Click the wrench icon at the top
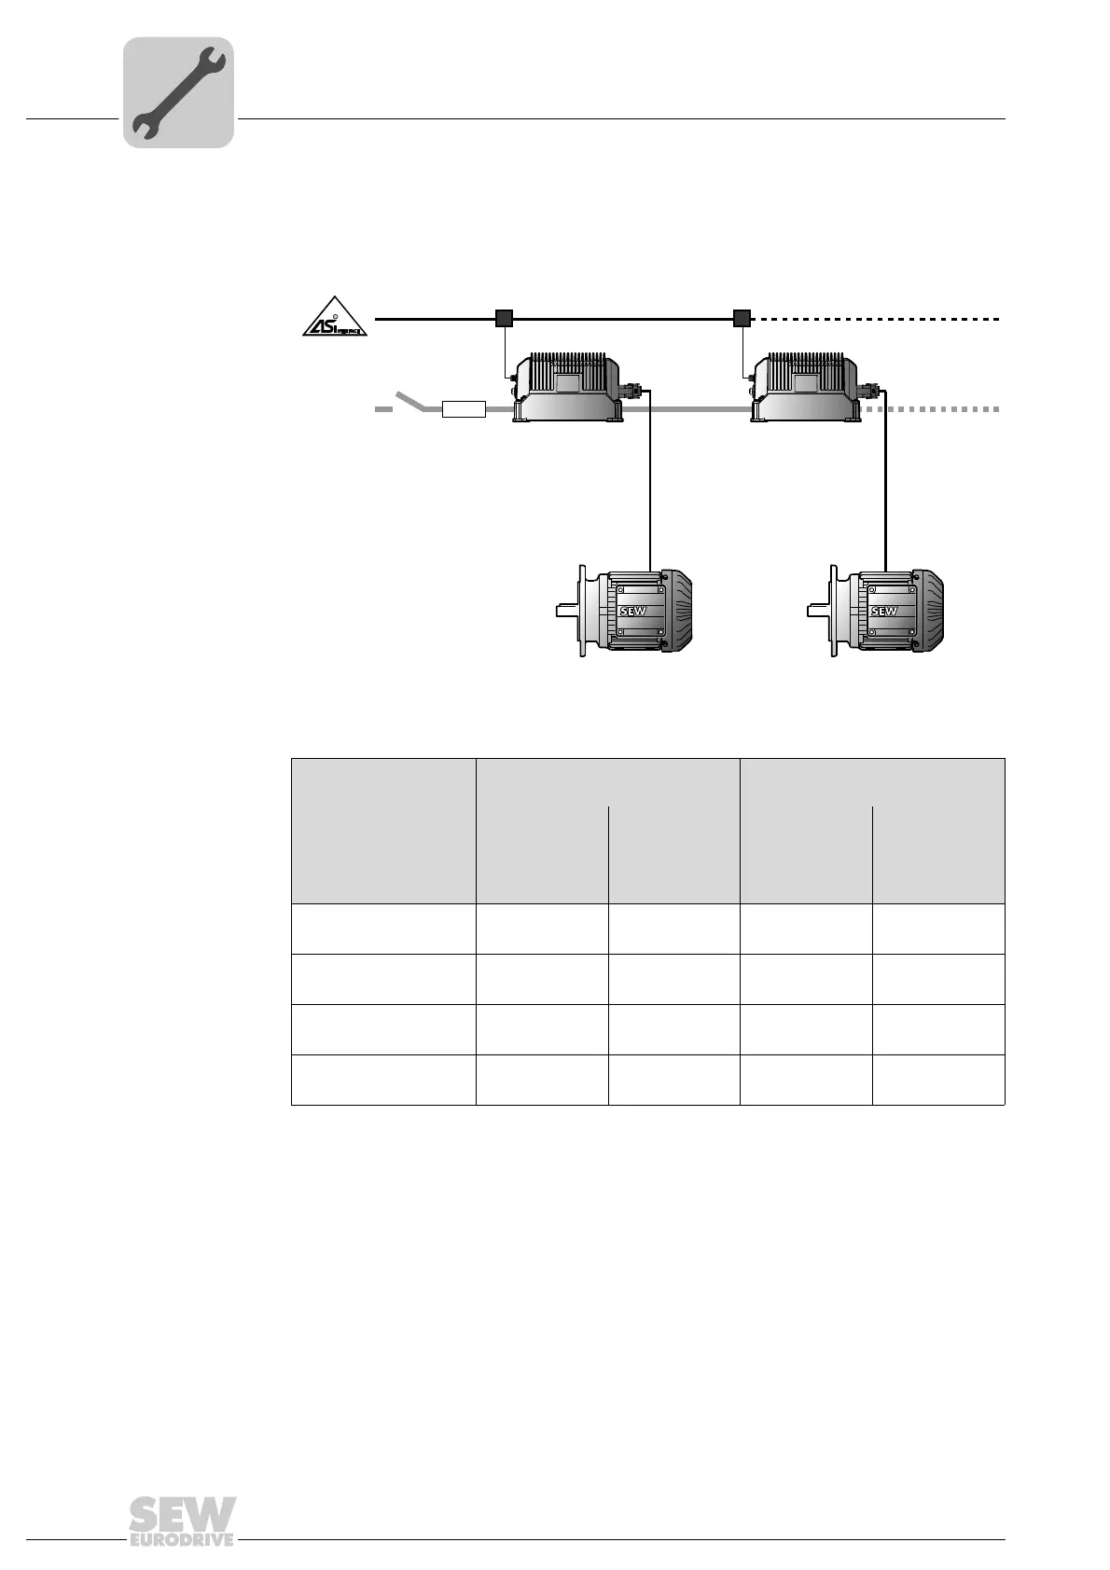[x=178, y=92]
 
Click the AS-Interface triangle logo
[x=335, y=318]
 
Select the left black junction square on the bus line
[x=504, y=319]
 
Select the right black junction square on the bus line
[x=742, y=319]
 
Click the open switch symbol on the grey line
[x=411, y=402]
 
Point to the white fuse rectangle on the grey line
[x=465, y=409]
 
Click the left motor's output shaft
[x=566, y=612]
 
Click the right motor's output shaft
[x=818, y=612]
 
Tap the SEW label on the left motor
[x=633, y=612]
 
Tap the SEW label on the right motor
[x=883, y=612]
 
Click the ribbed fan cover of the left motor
[x=679, y=611]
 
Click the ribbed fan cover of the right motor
[x=930, y=611]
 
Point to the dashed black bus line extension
[x=877, y=319]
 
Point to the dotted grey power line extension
[x=942, y=409]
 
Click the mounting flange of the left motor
[x=583, y=612]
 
